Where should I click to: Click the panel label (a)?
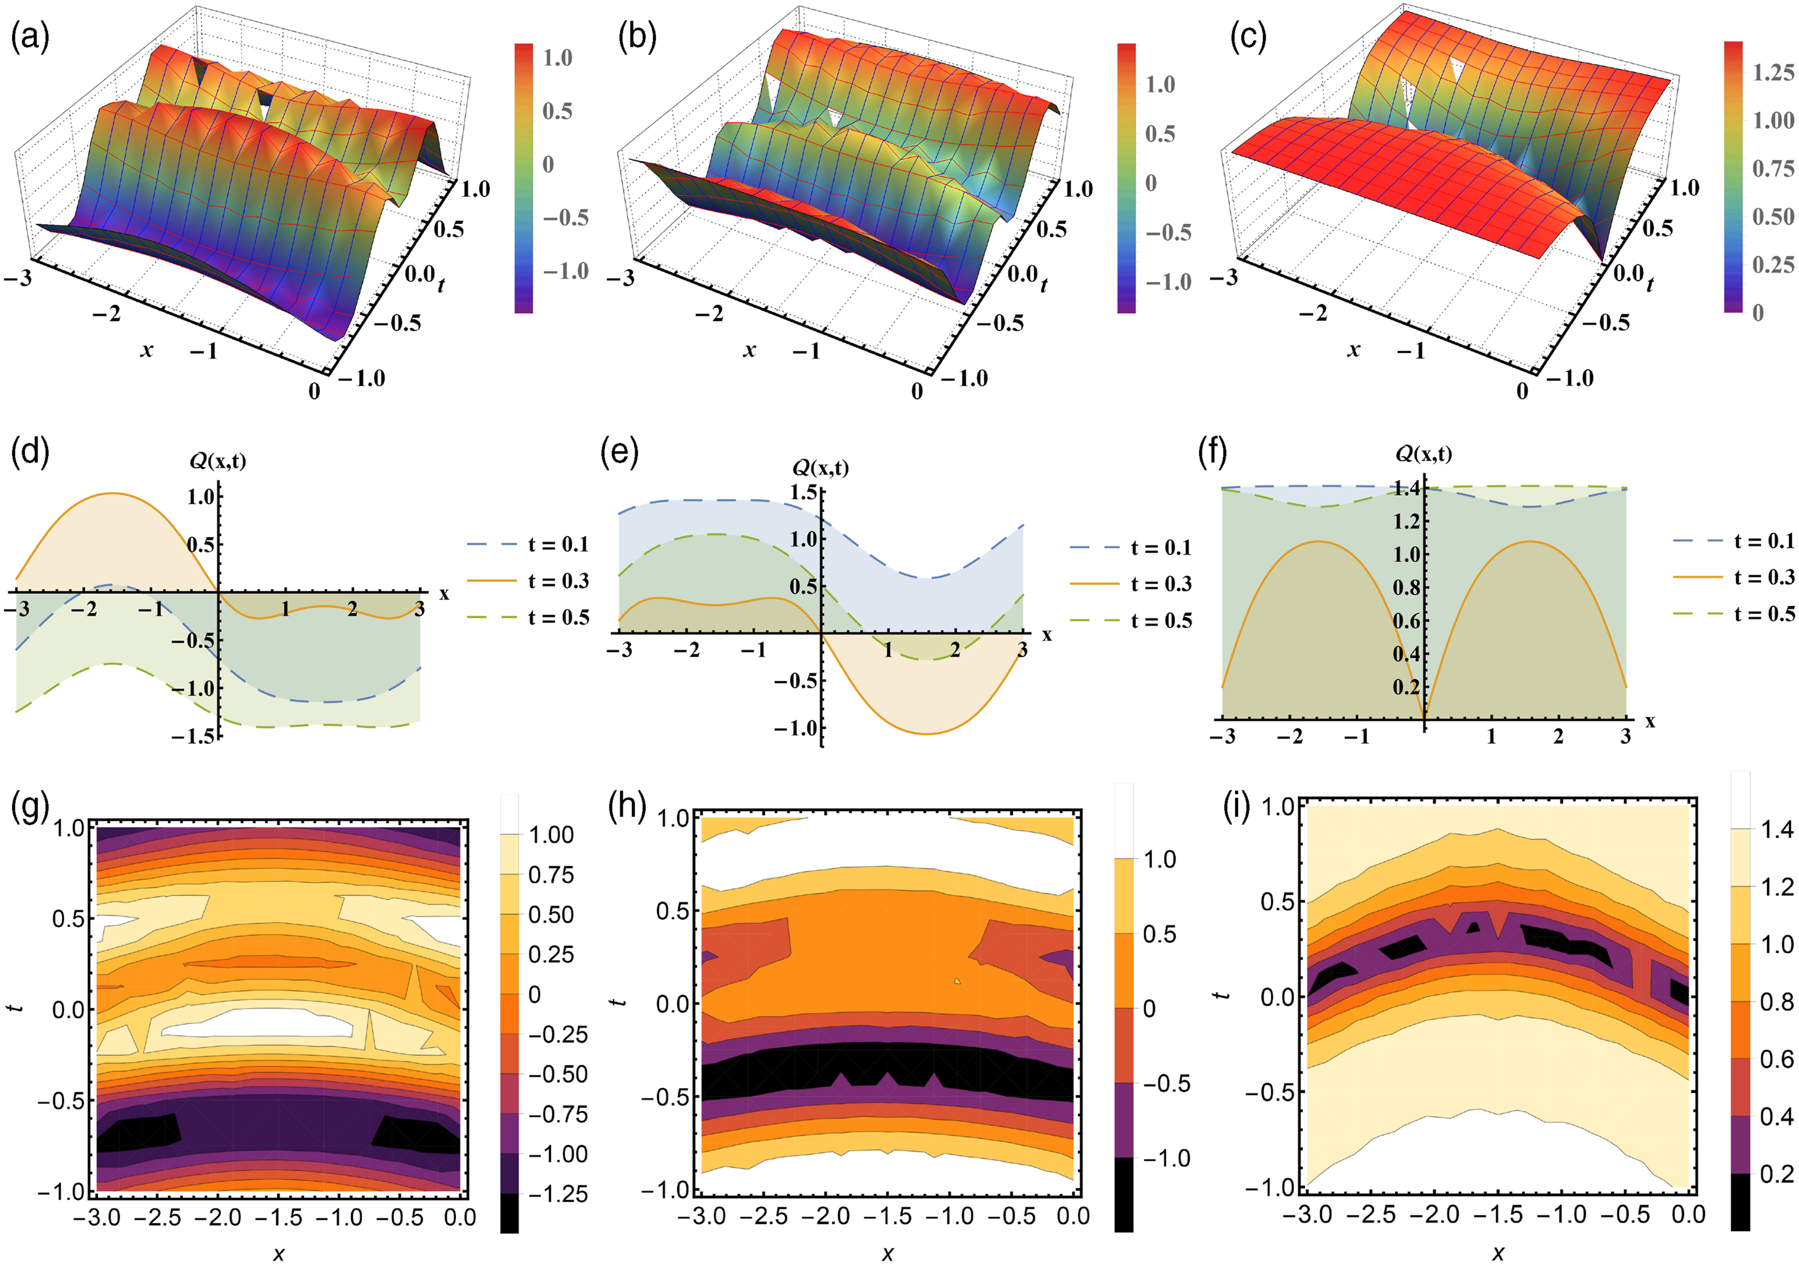coord(30,38)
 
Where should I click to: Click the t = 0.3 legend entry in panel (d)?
coord(528,581)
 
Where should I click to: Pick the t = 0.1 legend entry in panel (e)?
coord(1130,548)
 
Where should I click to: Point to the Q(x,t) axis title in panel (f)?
coord(1424,453)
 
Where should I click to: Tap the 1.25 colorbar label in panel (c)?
coord(1773,72)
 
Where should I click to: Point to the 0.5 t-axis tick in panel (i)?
coord(1276,902)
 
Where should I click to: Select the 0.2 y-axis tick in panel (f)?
coord(1407,687)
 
